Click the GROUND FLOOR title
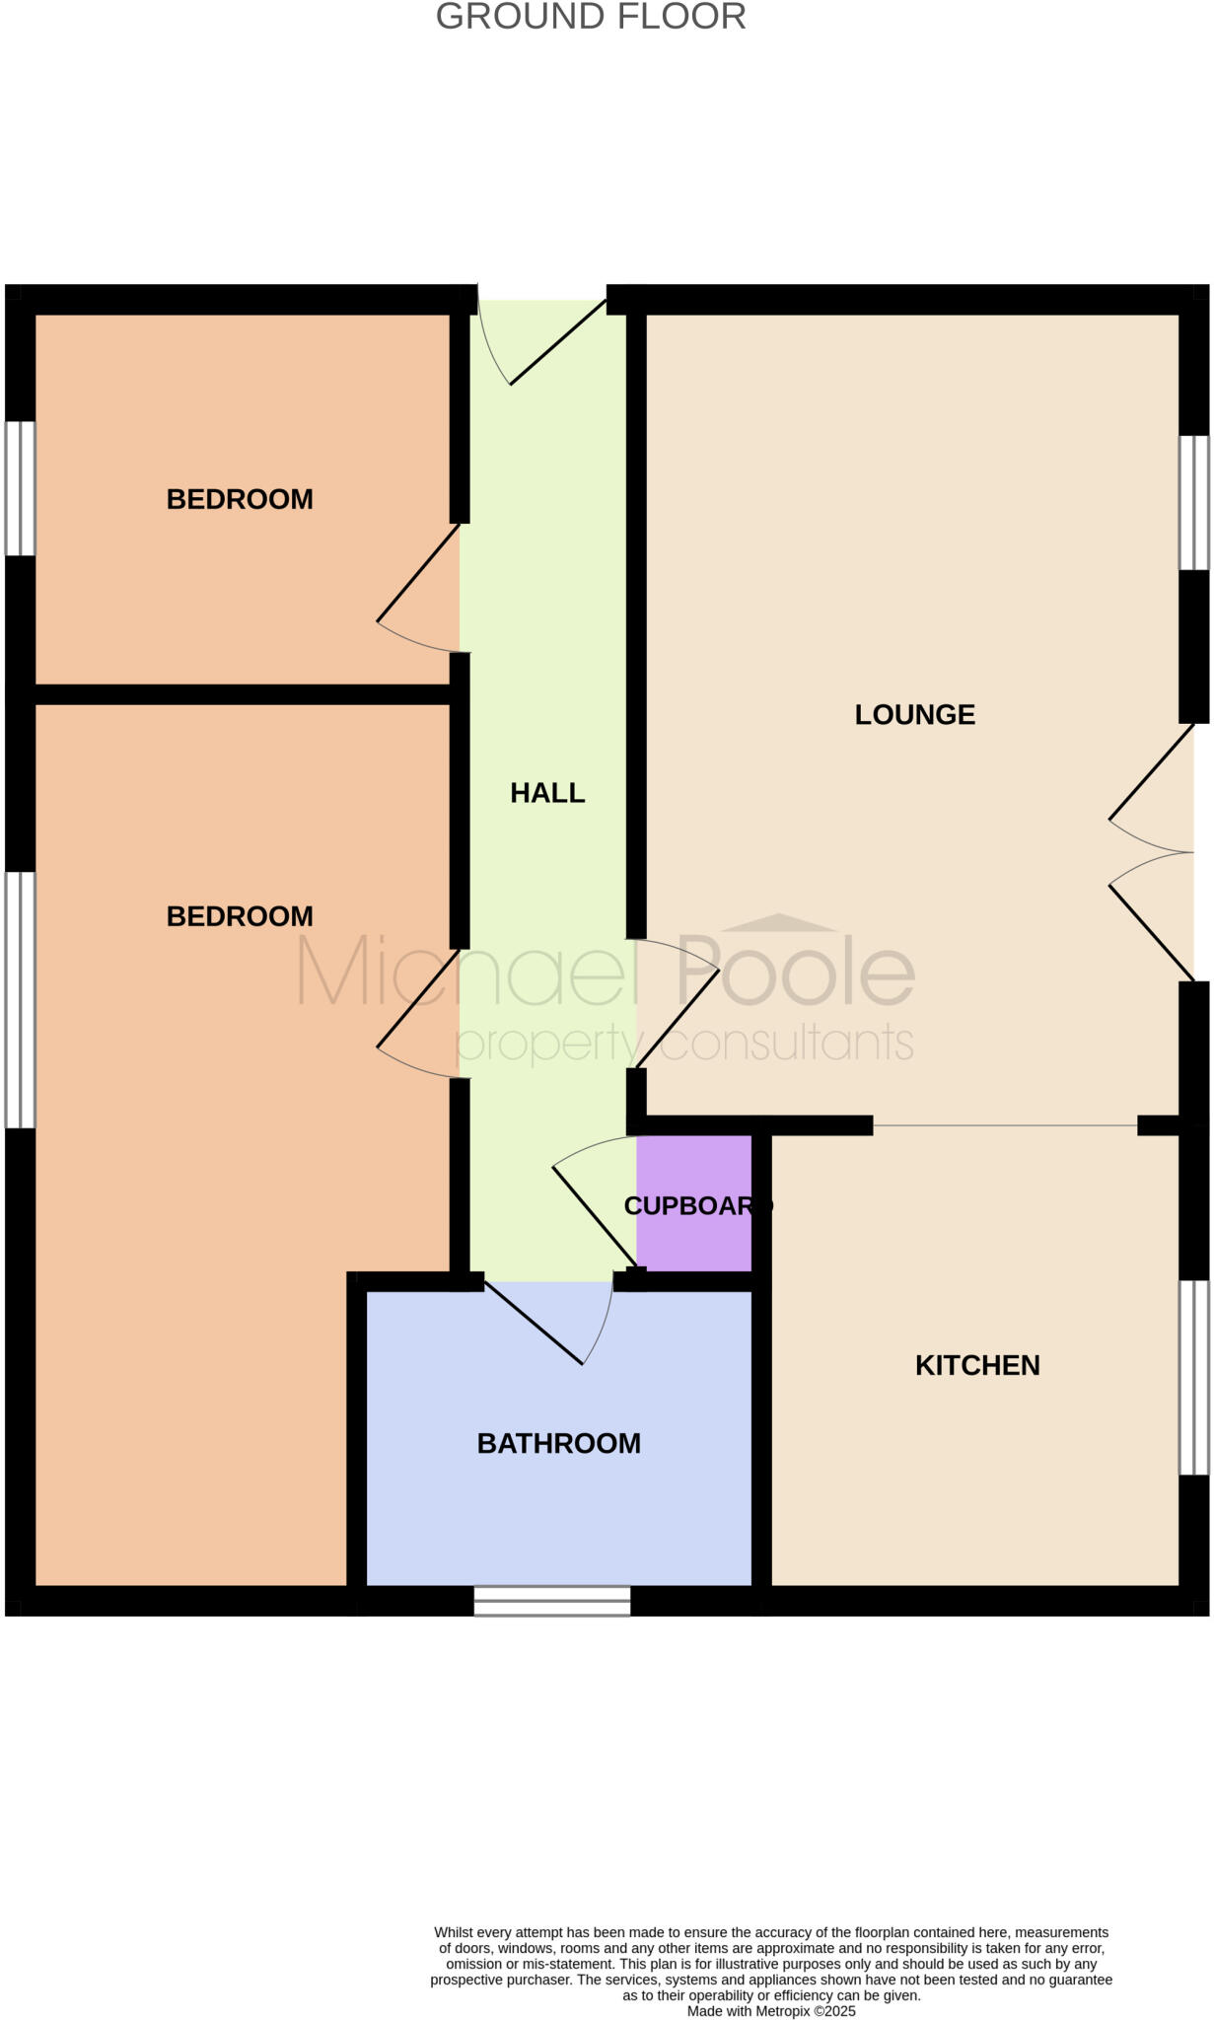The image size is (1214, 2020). pyautogui.click(x=591, y=17)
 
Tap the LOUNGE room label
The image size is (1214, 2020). pyautogui.click(x=914, y=714)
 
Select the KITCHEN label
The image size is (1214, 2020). pyautogui.click(x=977, y=1365)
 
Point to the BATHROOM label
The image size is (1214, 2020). pyautogui.click(x=558, y=1443)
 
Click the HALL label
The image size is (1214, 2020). pyautogui.click(x=547, y=793)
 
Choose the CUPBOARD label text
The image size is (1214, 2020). pyautogui.click(x=697, y=1205)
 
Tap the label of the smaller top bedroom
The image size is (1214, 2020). pyautogui.click(x=240, y=499)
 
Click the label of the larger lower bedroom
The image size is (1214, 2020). pyautogui.click(x=240, y=916)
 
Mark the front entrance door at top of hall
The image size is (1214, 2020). pyautogui.click(x=552, y=340)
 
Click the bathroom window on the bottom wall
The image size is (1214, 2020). pyautogui.click(x=552, y=1600)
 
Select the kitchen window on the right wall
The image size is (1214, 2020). pyautogui.click(x=1194, y=1377)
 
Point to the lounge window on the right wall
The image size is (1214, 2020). pyautogui.click(x=1194, y=502)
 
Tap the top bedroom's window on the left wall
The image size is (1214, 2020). pyautogui.click(x=21, y=488)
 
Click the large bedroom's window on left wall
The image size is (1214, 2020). pyautogui.click(x=21, y=999)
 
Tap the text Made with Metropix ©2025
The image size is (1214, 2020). pyautogui.click(x=771, y=2011)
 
